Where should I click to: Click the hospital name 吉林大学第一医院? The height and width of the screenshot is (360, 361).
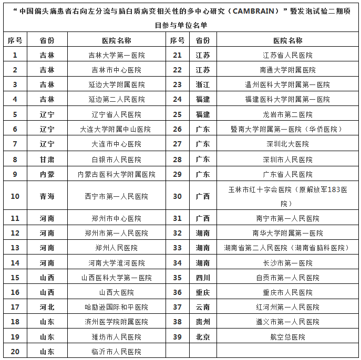(116, 55)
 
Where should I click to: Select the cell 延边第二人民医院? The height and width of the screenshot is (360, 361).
(116, 99)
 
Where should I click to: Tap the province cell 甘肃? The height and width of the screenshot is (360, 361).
(47, 160)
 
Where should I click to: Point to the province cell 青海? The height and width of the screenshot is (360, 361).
(47, 196)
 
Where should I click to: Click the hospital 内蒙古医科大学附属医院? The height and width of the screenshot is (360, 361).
(116, 174)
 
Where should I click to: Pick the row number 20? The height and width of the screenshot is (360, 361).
(15, 352)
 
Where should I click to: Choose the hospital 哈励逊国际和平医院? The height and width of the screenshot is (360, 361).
(116, 307)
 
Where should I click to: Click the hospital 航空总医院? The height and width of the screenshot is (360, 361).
(287, 337)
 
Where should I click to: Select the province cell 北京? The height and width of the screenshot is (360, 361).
(203, 337)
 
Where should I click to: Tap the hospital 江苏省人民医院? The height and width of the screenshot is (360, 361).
(287, 55)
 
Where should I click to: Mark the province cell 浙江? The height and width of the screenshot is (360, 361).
(203, 84)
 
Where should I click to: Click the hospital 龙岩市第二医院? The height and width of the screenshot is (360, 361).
(287, 114)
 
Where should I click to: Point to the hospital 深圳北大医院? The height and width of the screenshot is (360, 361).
(287, 144)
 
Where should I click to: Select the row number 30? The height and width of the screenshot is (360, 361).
(177, 196)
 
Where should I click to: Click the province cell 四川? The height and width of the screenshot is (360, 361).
(203, 278)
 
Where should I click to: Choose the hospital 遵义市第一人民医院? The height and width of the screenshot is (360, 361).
(287, 322)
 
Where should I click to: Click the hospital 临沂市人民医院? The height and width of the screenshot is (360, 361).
(116, 352)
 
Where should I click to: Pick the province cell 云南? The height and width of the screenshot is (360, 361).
(203, 307)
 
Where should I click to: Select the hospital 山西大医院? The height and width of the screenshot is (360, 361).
(116, 292)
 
